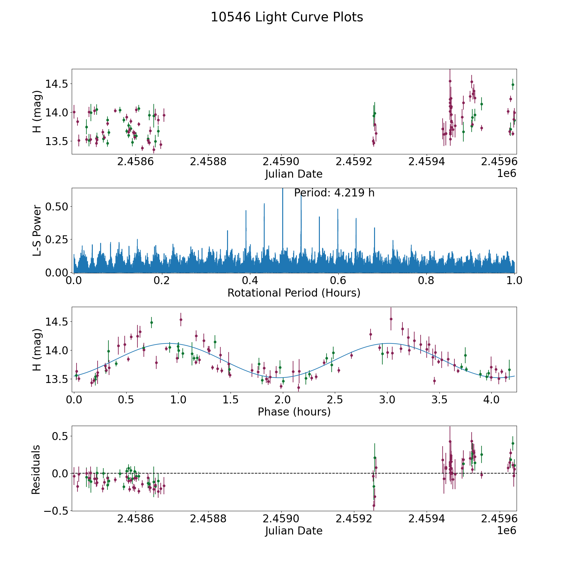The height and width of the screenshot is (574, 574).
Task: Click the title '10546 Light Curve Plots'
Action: (287, 17)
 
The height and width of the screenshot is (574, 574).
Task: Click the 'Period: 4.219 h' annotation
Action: (334, 193)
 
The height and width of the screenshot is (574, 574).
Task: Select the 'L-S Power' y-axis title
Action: (37, 230)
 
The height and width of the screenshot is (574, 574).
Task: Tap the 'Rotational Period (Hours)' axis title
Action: (294, 293)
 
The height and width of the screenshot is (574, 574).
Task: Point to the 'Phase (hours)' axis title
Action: (294, 412)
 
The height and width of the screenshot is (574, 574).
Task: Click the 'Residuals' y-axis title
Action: (36, 469)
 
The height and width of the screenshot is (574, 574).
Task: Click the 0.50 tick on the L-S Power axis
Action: (56, 207)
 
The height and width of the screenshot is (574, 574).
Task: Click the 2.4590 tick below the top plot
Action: (281, 162)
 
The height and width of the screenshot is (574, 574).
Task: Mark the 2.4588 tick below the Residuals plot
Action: (208, 519)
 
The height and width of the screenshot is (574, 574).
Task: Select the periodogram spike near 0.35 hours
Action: (227, 231)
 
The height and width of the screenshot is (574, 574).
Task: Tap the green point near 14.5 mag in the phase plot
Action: (151, 322)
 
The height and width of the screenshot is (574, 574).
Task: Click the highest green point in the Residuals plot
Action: (513, 443)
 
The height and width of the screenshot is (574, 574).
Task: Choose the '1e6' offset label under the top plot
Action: (506, 173)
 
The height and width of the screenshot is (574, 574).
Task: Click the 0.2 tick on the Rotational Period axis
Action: (162, 281)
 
